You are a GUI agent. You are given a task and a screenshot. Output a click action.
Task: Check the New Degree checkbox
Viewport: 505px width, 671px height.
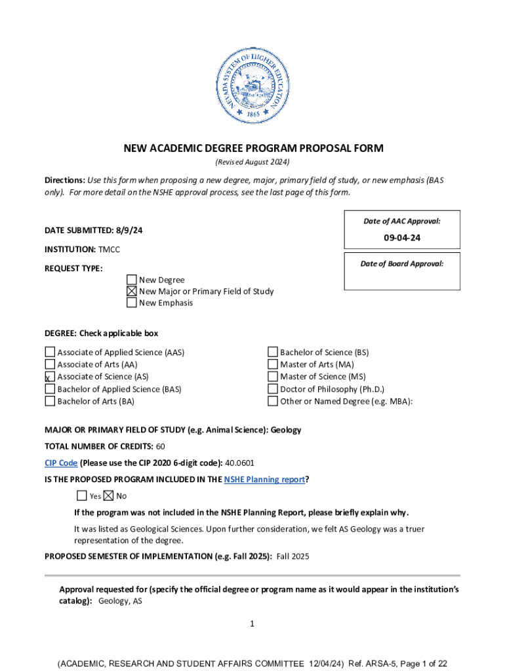pos(132,280)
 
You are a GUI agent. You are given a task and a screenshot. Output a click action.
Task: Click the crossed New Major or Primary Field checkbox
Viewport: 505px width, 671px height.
pos(132,291)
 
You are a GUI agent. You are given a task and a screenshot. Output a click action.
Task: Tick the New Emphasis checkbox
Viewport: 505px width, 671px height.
pos(132,303)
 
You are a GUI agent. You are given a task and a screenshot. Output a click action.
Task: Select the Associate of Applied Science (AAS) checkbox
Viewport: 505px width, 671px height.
pos(50,352)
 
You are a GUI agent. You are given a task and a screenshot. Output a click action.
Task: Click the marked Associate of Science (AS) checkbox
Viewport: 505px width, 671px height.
pos(50,377)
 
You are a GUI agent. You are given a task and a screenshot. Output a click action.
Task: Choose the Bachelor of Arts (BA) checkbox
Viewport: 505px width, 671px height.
pos(50,401)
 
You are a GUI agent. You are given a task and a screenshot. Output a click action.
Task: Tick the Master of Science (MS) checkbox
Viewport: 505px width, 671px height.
pos(273,377)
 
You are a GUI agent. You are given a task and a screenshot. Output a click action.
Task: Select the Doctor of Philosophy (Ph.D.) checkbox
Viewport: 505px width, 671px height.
pos(273,389)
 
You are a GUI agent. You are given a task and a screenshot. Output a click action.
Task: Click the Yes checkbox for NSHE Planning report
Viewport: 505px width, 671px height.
pos(82,495)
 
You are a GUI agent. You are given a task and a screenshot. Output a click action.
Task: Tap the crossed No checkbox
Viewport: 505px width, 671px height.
pos(109,495)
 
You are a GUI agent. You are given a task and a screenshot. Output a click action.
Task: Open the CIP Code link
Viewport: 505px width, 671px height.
pos(61,463)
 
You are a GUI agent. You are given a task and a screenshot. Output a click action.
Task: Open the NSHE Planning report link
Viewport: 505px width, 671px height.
pos(264,479)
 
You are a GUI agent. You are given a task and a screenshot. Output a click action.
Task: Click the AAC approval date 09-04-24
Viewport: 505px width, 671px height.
pos(402,238)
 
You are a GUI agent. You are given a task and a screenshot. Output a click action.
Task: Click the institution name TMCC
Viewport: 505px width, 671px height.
pos(110,249)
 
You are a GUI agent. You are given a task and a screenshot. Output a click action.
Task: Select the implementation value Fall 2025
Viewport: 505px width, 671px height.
pos(293,556)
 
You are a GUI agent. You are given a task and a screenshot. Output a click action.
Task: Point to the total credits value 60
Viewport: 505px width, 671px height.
pos(161,446)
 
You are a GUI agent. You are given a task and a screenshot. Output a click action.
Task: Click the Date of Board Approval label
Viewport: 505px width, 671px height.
pos(402,263)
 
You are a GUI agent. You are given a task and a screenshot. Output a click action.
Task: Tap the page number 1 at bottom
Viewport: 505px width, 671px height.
pos(252,624)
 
